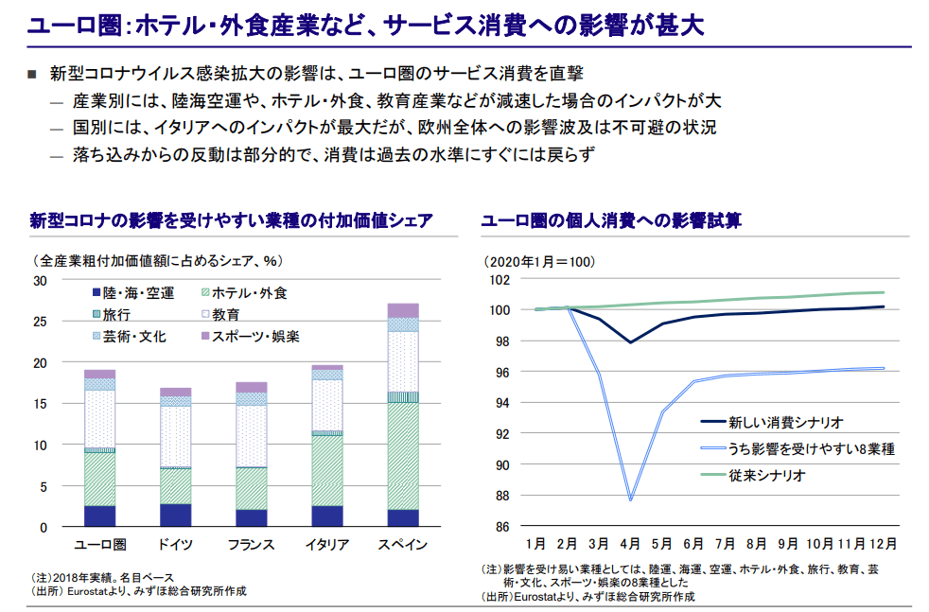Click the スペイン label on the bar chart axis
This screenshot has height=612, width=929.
pyautogui.click(x=403, y=545)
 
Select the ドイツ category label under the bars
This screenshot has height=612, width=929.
pyautogui.click(x=175, y=545)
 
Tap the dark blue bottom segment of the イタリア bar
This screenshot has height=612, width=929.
pyautogui.click(x=327, y=516)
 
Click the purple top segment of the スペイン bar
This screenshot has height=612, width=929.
pyautogui.click(x=403, y=310)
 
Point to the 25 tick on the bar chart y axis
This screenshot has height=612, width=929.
pyautogui.click(x=40, y=322)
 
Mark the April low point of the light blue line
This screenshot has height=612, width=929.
pyautogui.click(x=630, y=499)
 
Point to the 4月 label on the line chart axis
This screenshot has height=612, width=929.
pyautogui.click(x=630, y=544)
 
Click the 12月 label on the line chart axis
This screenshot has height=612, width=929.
pyautogui.click(x=882, y=544)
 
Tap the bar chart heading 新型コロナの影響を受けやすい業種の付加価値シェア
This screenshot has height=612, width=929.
pyautogui.click(x=231, y=221)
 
